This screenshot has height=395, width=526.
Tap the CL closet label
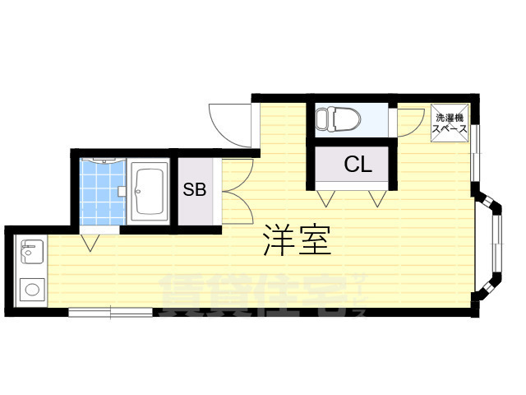[358, 165]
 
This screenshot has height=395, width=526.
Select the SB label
[194, 190]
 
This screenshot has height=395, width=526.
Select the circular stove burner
[34, 290]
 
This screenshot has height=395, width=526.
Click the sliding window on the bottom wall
[110, 312]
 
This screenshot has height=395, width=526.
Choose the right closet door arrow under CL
[376, 198]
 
